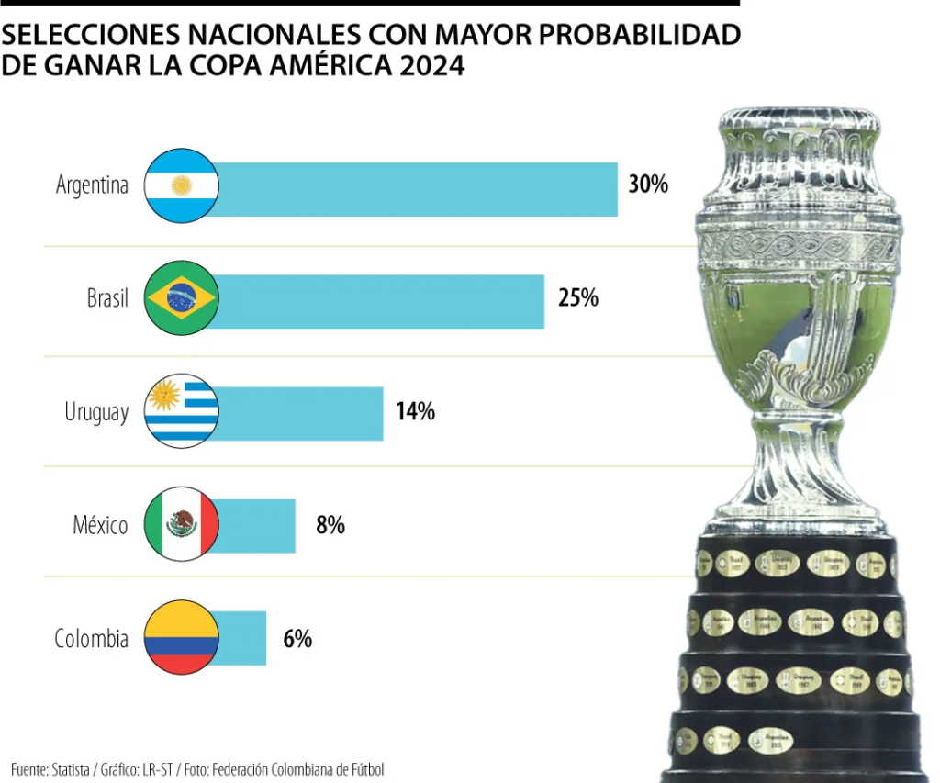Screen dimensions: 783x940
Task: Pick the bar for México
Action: pos(257,526)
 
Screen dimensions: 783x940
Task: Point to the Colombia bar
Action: pos(242,638)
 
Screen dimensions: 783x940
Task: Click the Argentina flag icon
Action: pos(182,185)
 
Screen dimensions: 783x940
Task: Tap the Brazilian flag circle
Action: pos(182,297)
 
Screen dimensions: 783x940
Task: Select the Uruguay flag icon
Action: pos(182,411)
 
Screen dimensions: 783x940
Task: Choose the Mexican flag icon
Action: pos(182,524)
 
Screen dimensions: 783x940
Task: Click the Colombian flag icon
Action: pos(182,637)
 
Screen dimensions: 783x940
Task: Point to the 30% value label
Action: pos(648,185)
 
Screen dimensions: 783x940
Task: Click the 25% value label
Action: pos(578,298)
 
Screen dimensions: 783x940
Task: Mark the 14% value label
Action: pos(415,411)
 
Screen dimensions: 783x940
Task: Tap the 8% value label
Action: pos(330,525)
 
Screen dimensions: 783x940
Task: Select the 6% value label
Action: pos(297,639)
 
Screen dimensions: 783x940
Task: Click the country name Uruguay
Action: pos(96,413)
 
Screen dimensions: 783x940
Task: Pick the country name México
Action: pos(101,525)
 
